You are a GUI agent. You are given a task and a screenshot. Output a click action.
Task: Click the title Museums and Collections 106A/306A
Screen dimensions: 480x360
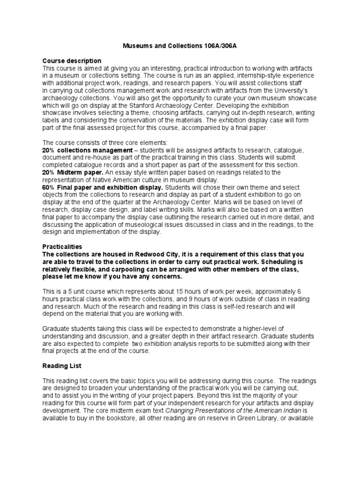click(180, 46)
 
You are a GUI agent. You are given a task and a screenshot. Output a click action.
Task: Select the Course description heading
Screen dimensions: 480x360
click(72, 61)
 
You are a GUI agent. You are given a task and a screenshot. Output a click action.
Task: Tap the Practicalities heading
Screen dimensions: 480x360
click(62, 246)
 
